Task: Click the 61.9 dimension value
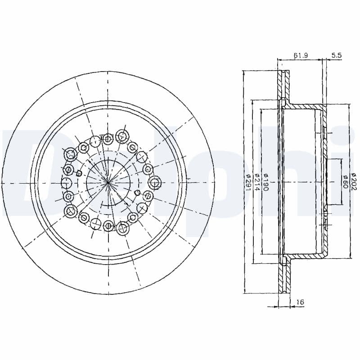[x=300, y=55]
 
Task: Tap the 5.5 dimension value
[x=337, y=55]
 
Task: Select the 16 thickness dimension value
[x=300, y=301]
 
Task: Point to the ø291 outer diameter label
[x=248, y=183]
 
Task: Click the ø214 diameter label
[x=257, y=183]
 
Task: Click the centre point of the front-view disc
[x=108, y=183]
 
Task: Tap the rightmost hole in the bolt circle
[x=155, y=183]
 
